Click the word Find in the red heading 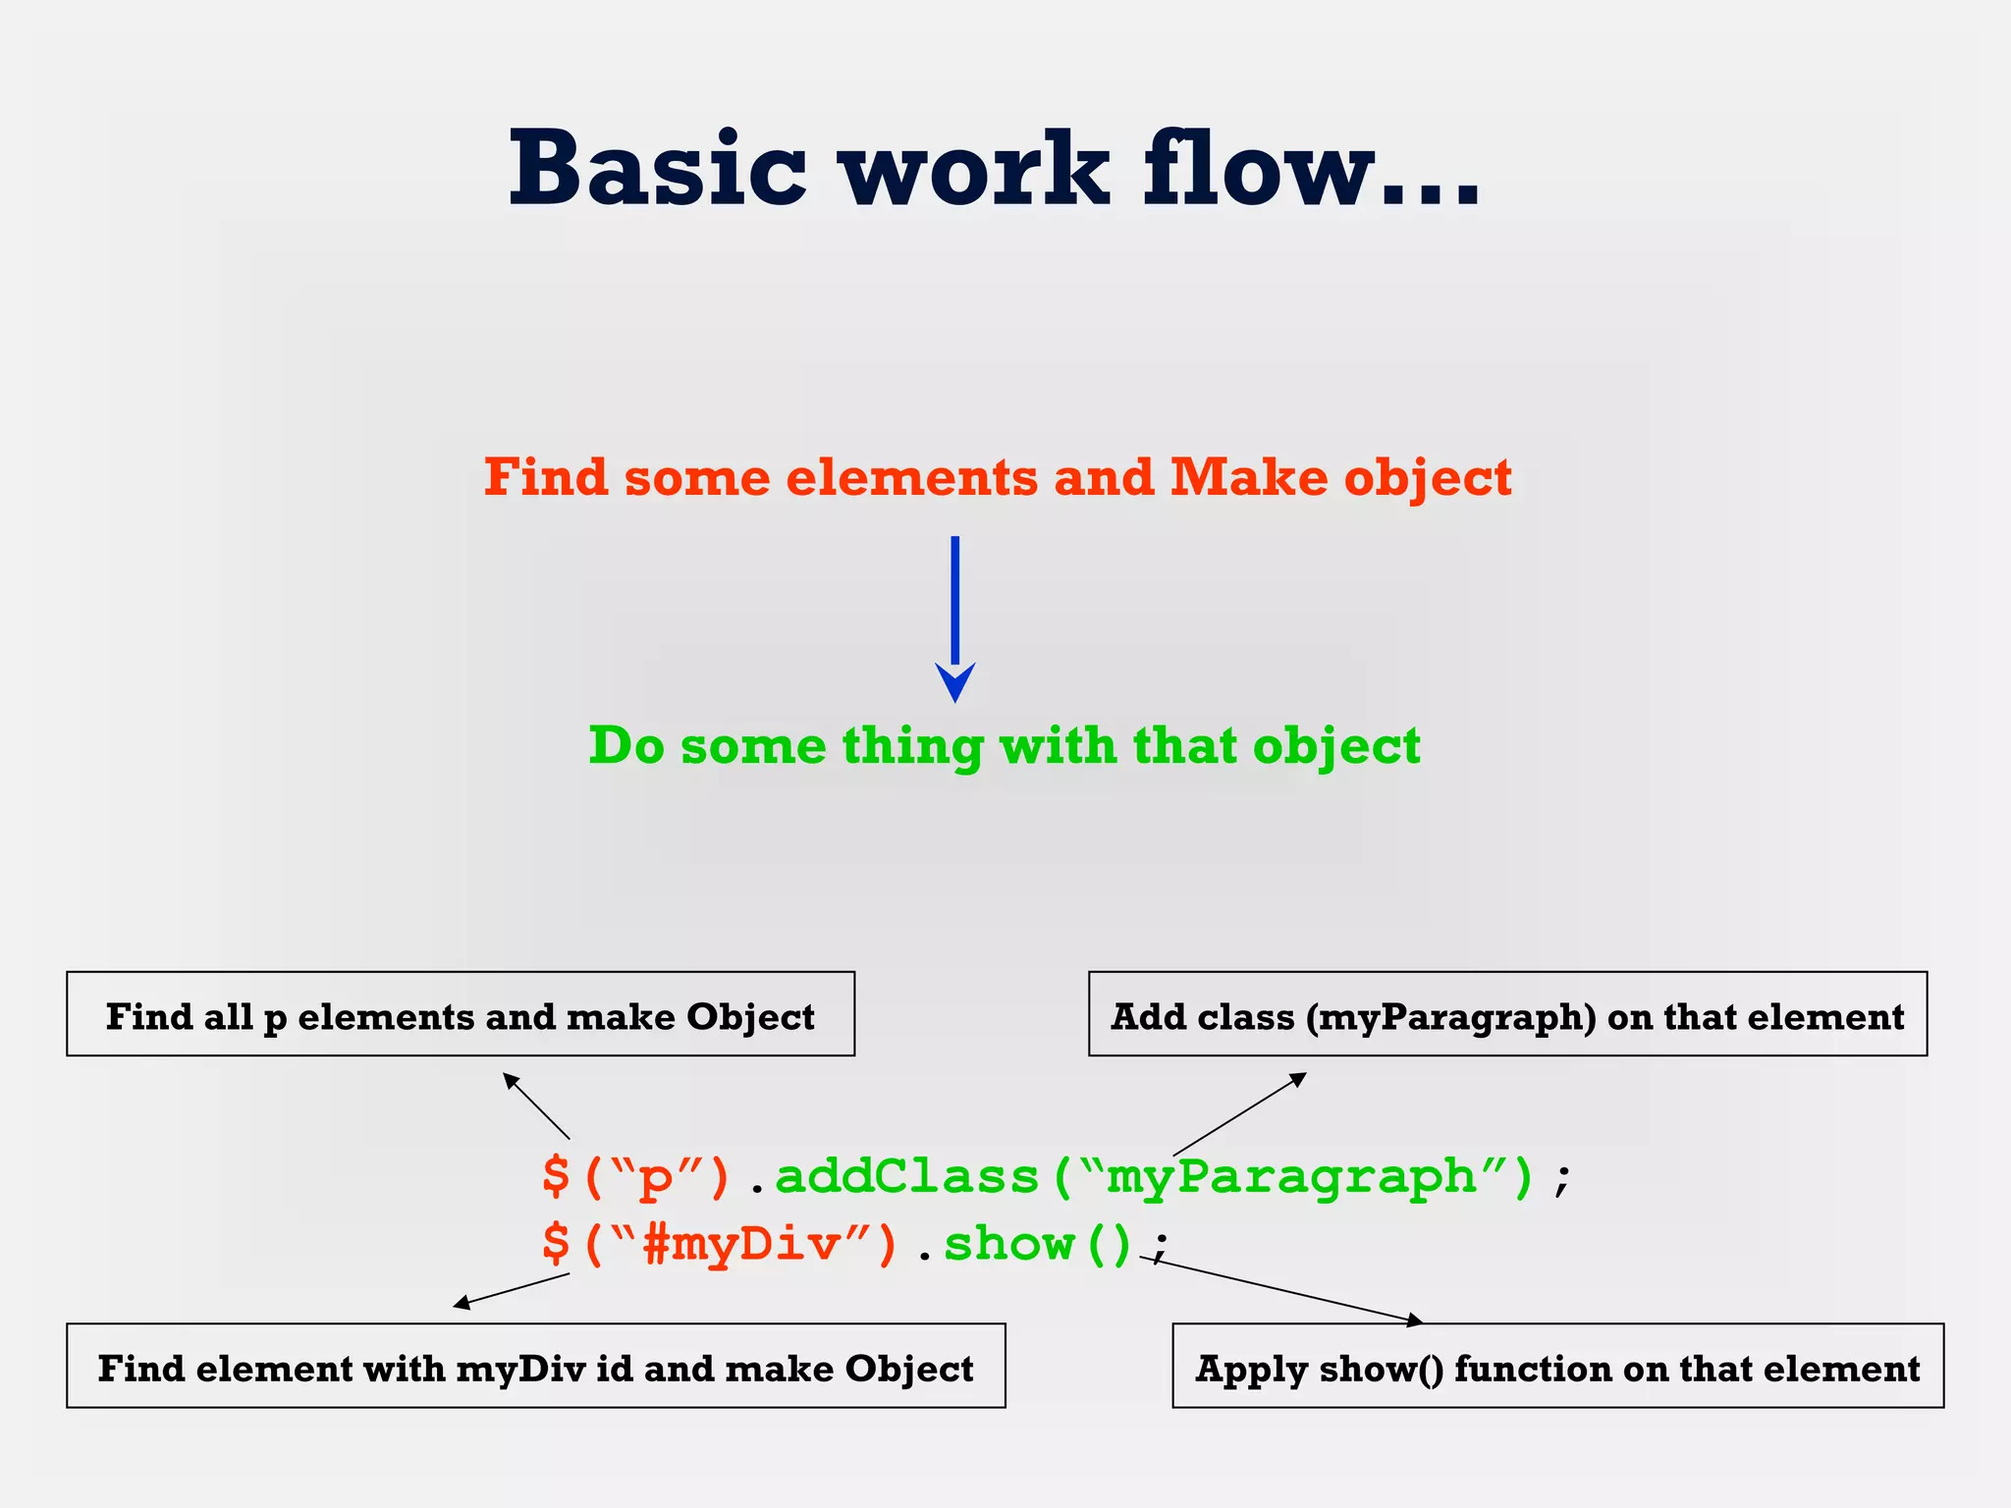tap(546, 478)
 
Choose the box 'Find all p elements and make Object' tap(461, 1014)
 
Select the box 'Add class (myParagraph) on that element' tap(1507, 1014)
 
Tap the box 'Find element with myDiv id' tap(535, 1366)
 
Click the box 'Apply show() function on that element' tap(1557, 1366)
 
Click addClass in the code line tap(906, 1176)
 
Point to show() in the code tap(1037, 1245)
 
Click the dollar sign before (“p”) tap(556, 1176)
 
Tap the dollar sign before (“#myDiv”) tap(556, 1245)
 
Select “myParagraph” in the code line tap(1293, 1178)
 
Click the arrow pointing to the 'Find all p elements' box tap(536, 1105)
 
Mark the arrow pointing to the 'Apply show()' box tap(1281, 1289)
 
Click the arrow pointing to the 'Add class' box tap(1239, 1114)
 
